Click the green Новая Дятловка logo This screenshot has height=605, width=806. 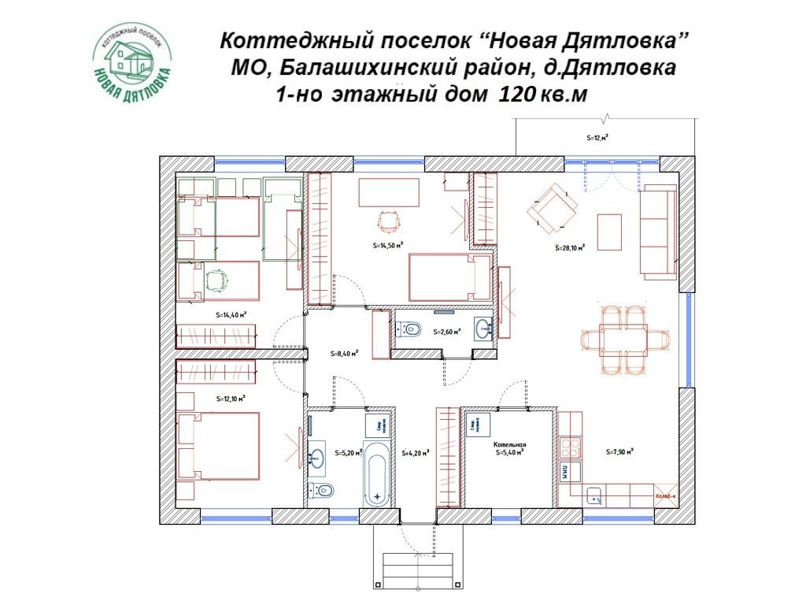[132, 66]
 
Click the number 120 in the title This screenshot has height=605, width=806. [516, 95]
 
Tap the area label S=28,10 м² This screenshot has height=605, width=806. [570, 247]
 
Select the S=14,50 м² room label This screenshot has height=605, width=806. [388, 245]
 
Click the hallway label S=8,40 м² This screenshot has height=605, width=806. [344, 354]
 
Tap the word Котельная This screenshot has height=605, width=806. [509, 444]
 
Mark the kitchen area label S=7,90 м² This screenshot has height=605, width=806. [620, 452]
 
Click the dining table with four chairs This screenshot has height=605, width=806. [623, 340]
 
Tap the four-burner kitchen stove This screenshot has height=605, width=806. [569, 447]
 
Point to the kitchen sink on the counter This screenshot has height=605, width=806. [593, 496]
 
